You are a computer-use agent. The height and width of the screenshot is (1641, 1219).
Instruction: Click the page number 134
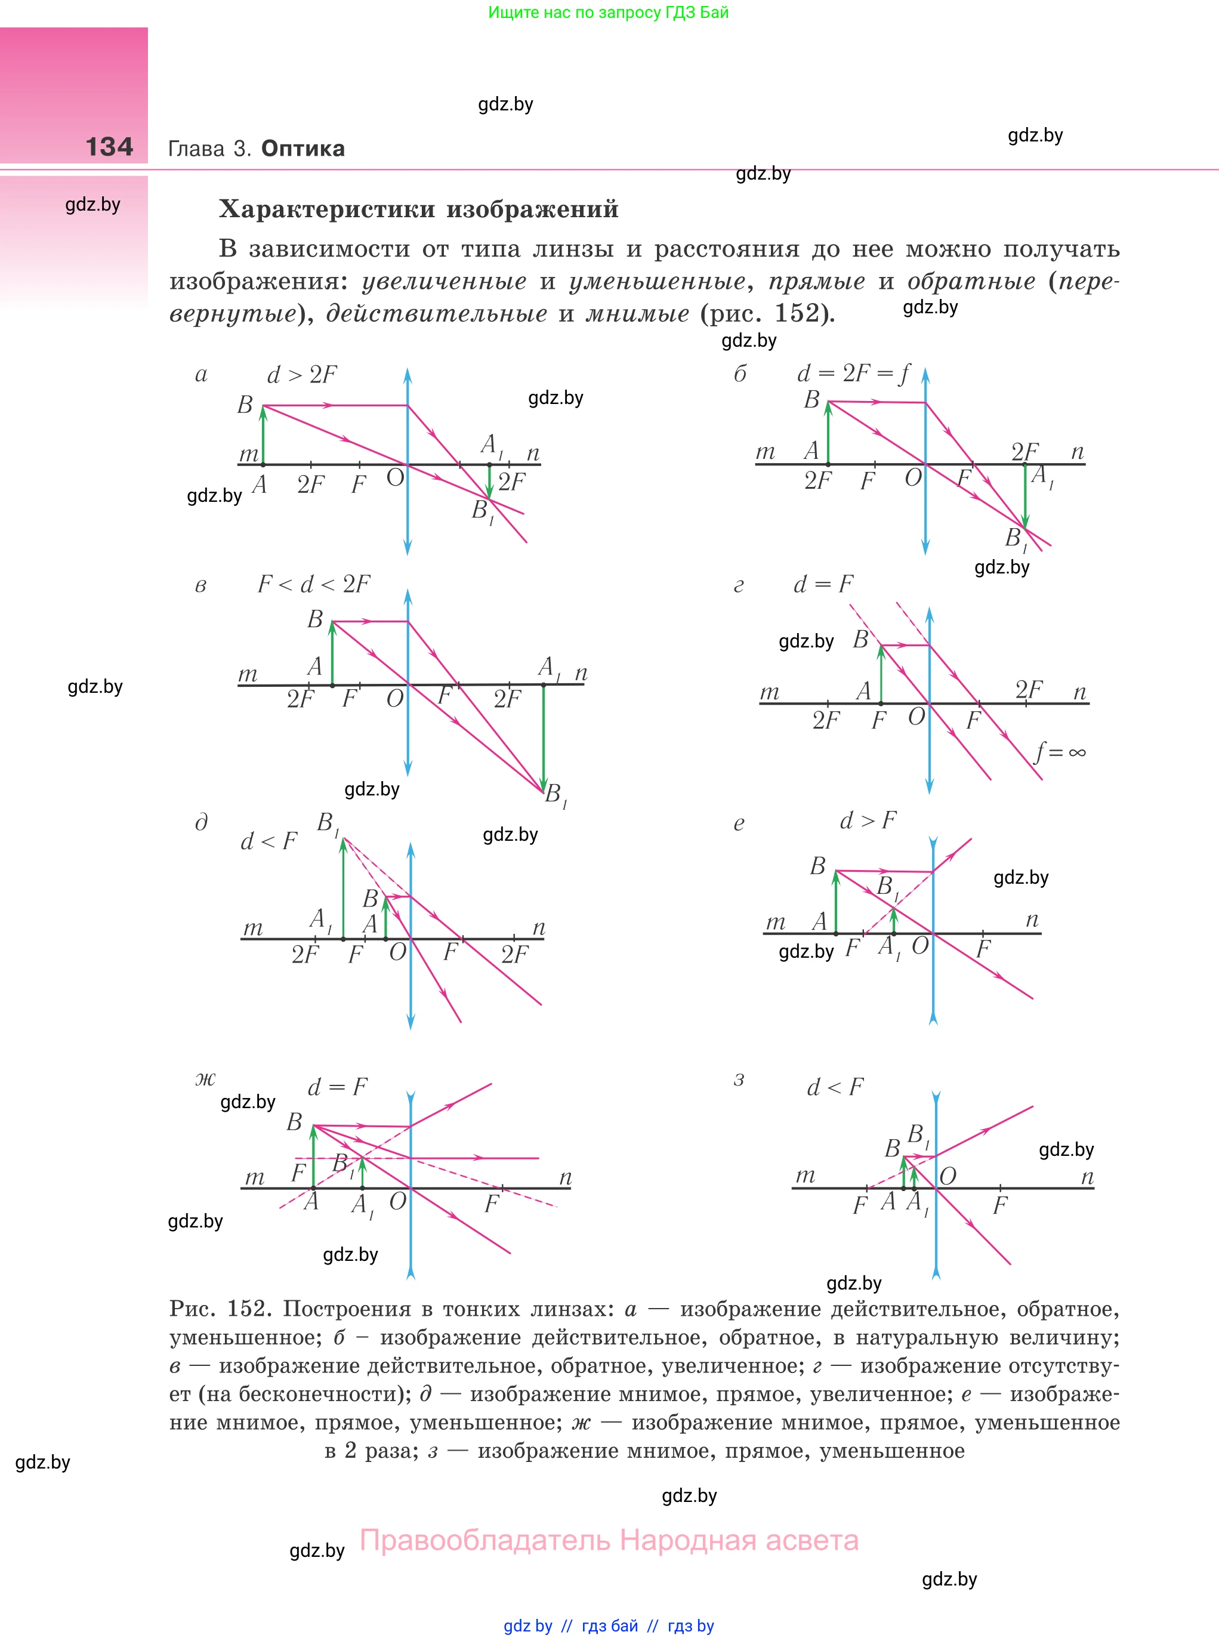[109, 146]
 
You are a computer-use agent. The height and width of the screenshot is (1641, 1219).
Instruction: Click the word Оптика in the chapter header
[303, 149]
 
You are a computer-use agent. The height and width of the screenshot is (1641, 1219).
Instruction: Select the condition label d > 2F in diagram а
[301, 375]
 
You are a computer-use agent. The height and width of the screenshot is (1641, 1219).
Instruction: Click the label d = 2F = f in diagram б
[853, 374]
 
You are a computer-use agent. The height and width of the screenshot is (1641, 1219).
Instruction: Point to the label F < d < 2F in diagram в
[314, 584]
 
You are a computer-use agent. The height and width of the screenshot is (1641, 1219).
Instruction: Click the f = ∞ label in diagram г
[1060, 752]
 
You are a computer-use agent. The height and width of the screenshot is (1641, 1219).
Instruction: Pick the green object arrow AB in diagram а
[263, 436]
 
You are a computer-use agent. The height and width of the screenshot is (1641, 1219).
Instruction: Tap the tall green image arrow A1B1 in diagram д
[343, 889]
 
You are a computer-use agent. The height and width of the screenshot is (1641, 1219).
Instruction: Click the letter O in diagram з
[948, 1176]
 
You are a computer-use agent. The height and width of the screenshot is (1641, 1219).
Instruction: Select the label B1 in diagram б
[1016, 539]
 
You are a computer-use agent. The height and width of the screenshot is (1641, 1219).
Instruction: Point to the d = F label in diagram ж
[337, 1087]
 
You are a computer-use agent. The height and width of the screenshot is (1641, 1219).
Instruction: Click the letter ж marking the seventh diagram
[205, 1079]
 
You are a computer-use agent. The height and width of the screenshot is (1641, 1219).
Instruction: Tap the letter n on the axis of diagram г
[1079, 692]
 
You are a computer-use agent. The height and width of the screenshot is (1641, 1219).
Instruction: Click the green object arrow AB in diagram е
[835, 902]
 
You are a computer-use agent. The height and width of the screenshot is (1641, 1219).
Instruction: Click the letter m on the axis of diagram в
[248, 674]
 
